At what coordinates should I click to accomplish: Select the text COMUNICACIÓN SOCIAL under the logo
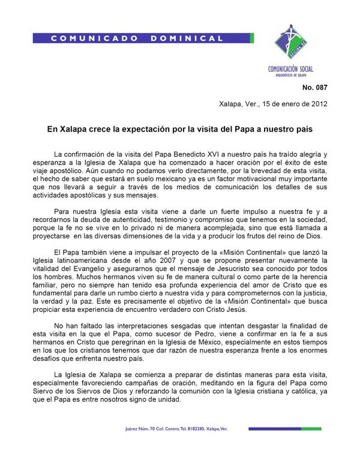290,69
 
